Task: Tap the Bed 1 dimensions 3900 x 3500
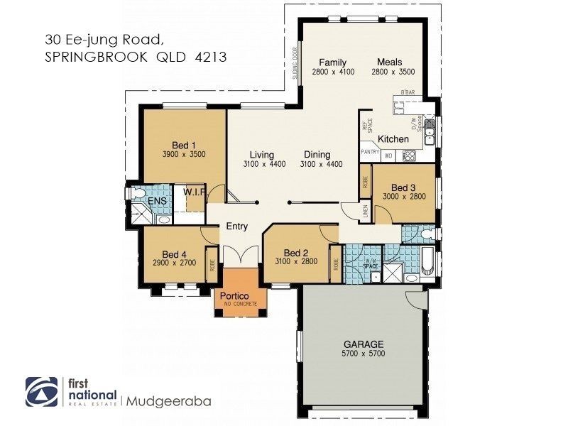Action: tap(184, 153)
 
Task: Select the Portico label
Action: tap(233, 295)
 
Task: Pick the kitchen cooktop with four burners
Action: tap(409, 155)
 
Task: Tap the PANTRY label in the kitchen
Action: tap(371, 151)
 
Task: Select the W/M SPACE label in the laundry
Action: tap(370, 265)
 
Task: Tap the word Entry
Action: tap(237, 226)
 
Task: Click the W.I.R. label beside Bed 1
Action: tap(194, 192)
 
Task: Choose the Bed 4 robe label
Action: tap(212, 265)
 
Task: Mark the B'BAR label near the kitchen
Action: tap(408, 93)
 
